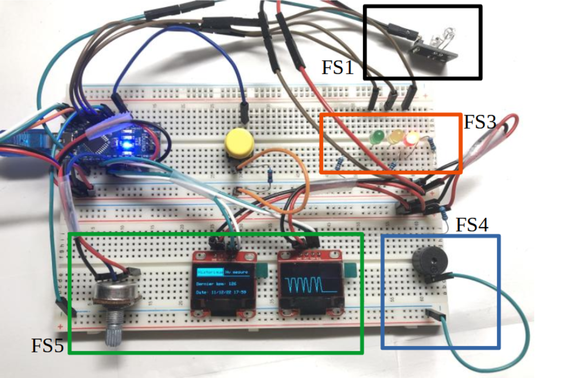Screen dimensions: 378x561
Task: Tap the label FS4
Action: click(472, 225)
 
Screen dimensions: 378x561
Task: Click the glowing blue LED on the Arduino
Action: click(126, 145)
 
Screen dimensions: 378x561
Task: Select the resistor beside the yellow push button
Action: click(270, 176)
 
